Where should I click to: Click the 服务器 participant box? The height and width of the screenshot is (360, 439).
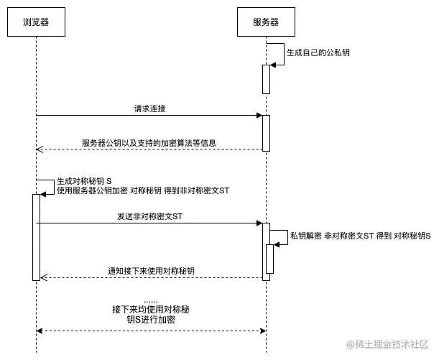[266, 22]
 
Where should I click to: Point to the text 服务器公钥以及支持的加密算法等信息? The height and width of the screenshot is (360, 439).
[149, 143]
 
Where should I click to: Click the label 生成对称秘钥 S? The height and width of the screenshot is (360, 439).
[84, 181]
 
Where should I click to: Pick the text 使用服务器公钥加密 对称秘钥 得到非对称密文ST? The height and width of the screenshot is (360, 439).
[143, 190]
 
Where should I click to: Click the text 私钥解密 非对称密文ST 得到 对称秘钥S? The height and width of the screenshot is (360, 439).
[360, 236]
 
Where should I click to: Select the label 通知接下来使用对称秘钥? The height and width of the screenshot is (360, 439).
[151, 271]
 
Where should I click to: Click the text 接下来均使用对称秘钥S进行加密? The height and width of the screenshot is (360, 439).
[150, 315]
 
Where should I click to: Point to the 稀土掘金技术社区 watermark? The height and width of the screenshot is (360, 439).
[388, 346]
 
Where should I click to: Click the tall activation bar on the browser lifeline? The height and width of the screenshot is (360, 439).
[36, 237]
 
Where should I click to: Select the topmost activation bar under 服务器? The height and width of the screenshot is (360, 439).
[266, 79]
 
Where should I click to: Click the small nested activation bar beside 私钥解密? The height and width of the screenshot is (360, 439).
[270, 259]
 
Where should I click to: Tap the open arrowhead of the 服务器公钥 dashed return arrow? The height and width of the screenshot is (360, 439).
[40, 149]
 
